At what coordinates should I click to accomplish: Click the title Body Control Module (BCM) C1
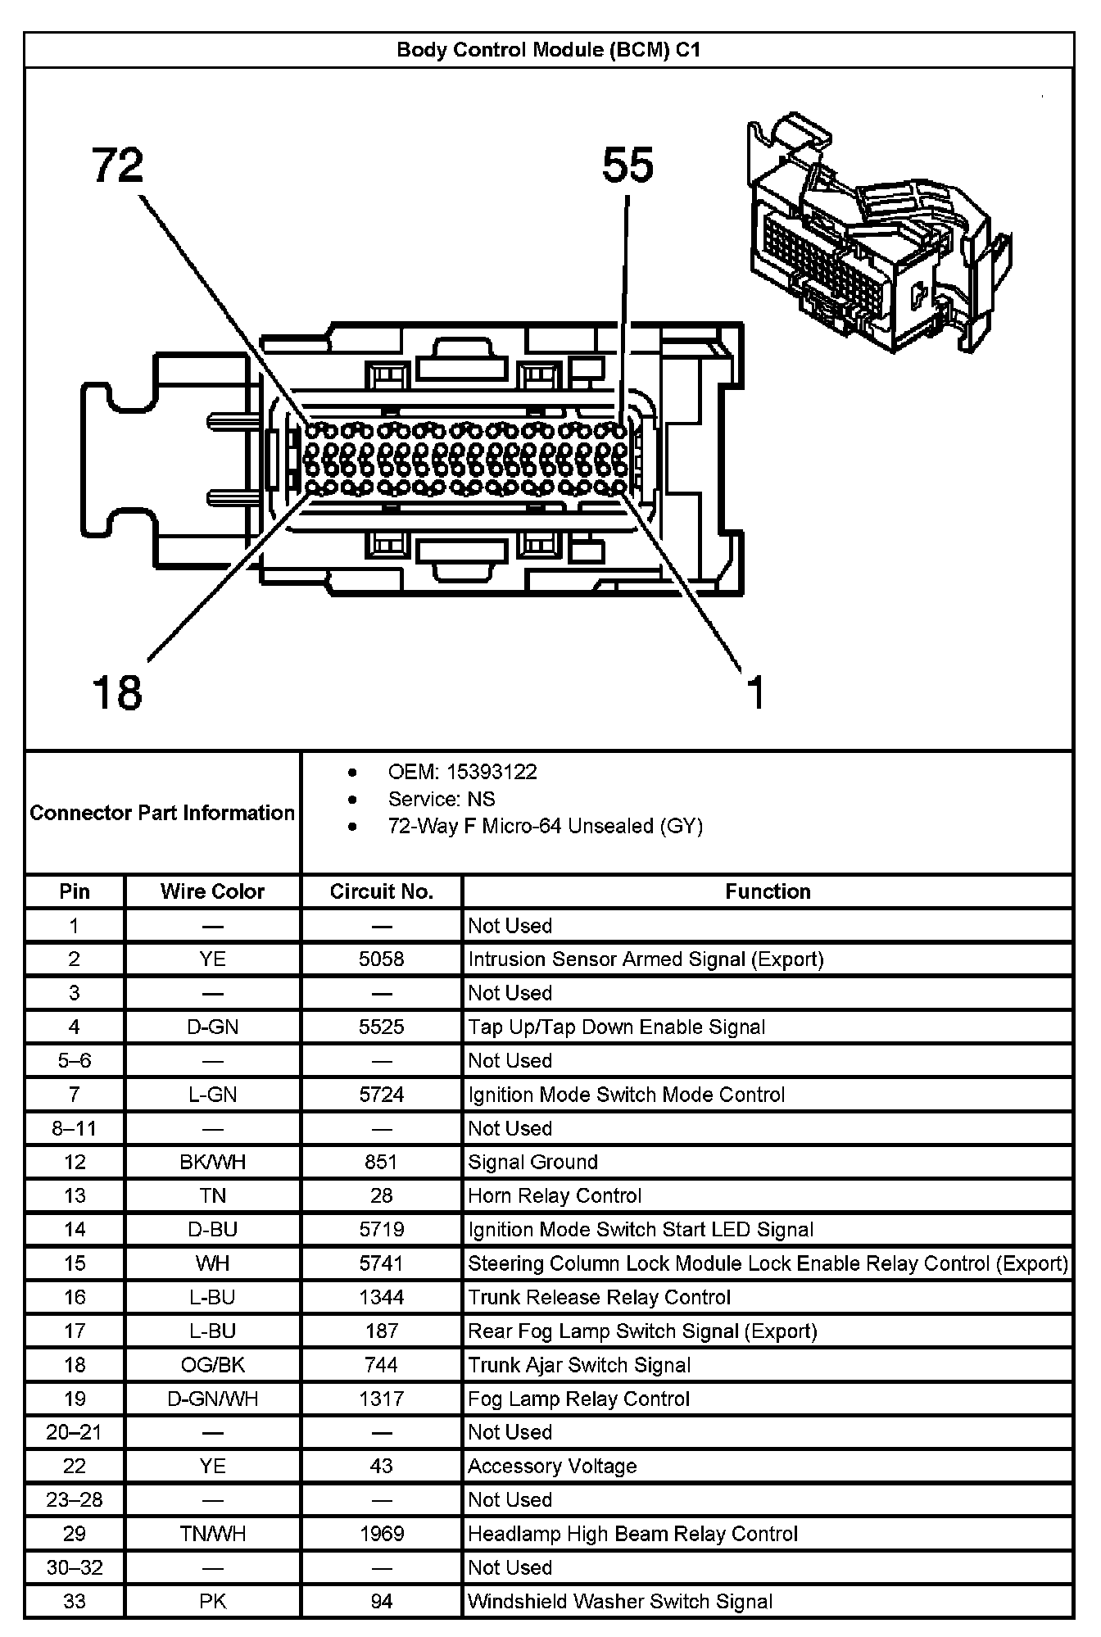[548, 50]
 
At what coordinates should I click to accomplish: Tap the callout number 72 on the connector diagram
[118, 166]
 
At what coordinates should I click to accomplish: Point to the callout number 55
[628, 166]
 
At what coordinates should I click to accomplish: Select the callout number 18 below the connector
[118, 692]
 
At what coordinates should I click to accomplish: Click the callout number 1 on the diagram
[755, 692]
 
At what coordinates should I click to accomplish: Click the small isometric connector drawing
[877, 234]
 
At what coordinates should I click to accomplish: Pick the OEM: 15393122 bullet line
[462, 772]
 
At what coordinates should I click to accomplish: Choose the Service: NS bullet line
[441, 799]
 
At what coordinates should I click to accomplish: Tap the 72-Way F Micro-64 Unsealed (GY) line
[545, 826]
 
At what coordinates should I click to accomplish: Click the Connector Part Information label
[162, 813]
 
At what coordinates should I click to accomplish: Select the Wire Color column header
[212, 891]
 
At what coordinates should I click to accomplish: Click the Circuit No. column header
[381, 891]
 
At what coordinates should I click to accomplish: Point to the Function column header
[768, 891]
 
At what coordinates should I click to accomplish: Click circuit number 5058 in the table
[381, 959]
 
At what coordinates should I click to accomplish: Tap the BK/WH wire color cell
[212, 1162]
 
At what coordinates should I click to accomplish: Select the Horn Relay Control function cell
[555, 1195]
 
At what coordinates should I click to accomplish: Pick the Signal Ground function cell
[532, 1162]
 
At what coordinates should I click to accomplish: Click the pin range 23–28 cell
[75, 1499]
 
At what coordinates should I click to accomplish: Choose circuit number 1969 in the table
[381, 1534]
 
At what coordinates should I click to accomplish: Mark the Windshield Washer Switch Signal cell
[620, 1601]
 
